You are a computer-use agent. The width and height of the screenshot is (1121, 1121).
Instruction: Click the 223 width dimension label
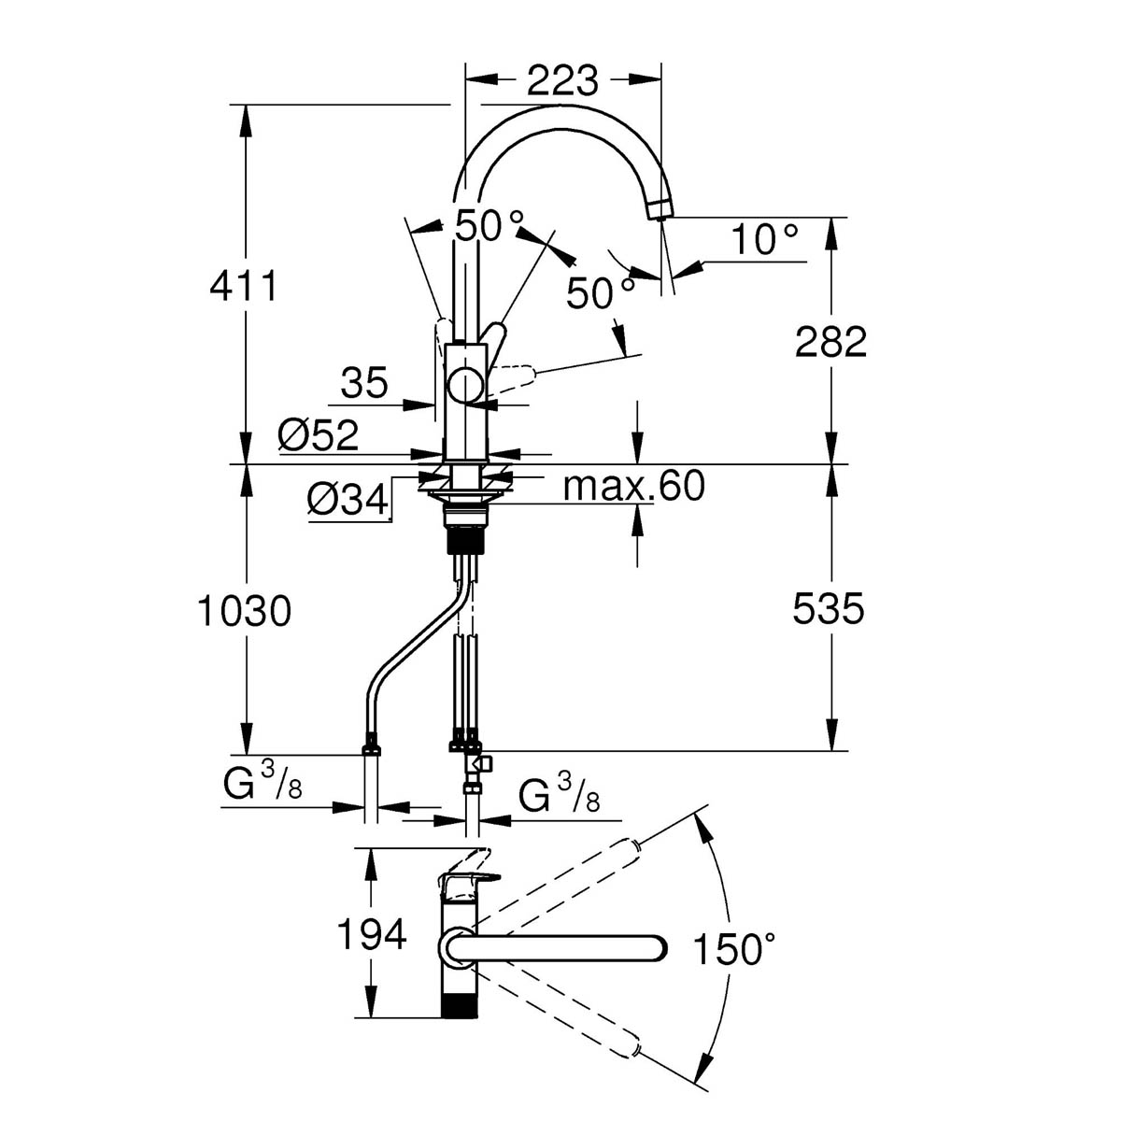[562, 80]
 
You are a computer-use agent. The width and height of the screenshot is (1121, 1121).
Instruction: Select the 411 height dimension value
[244, 286]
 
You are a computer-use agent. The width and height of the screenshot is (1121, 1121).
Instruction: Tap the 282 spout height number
[830, 342]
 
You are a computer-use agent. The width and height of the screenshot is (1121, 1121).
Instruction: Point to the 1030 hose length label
[245, 611]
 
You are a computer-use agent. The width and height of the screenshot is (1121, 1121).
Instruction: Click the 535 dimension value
[829, 609]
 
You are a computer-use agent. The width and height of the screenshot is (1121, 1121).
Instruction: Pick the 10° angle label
[764, 239]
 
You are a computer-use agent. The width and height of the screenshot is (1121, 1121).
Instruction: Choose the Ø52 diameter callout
[318, 434]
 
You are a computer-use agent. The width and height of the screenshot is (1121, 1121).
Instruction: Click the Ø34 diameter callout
[348, 499]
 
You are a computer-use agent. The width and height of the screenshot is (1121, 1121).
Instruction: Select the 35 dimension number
[364, 383]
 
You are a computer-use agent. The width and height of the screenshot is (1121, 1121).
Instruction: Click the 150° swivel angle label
[735, 948]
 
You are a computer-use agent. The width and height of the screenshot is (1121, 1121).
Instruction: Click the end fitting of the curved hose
[371, 745]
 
